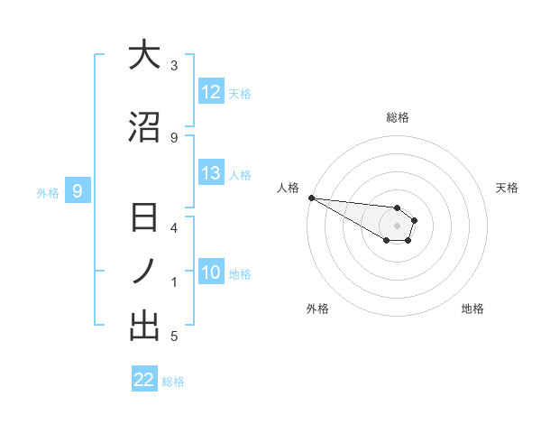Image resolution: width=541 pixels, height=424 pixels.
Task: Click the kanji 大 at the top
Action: tap(144, 56)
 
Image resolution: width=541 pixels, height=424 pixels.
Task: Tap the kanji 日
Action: tap(144, 219)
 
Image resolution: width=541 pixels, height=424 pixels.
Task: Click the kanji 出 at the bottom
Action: tap(144, 326)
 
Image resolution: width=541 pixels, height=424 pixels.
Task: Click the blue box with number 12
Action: tap(211, 92)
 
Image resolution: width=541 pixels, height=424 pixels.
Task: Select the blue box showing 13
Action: tap(211, 173)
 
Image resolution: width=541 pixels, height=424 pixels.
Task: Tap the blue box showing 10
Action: tap(211, 272)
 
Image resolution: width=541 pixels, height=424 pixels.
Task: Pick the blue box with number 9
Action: tap(78, 190)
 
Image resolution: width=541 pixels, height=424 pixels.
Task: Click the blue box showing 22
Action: tap(144, 380)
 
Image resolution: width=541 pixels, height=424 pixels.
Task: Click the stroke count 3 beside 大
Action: tap(174, 66)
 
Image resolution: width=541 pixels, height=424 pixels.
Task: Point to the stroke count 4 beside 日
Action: tap(174, 227)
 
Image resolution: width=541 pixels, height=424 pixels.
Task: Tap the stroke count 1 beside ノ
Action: tap(174, 282)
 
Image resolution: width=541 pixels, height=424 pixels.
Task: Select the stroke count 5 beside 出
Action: tap(174, 336)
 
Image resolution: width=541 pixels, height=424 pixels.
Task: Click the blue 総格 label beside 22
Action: tap(173, 382)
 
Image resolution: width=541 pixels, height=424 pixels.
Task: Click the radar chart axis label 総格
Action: tap(397, 117)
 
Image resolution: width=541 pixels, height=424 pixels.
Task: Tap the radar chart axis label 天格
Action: tap(508, 188)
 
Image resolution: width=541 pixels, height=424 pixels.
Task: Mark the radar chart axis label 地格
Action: tap(472, 309)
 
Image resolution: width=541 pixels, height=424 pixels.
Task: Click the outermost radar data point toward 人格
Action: tap(311, 198)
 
